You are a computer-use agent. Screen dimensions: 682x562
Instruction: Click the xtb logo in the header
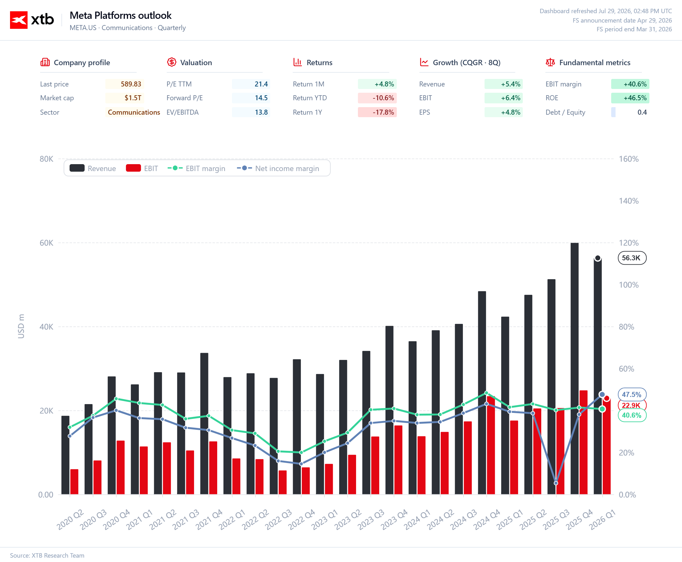32,20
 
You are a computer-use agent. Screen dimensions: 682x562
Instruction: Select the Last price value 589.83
131,84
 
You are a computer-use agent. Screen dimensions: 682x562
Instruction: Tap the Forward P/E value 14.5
261,98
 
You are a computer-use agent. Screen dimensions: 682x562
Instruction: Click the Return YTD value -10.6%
383,98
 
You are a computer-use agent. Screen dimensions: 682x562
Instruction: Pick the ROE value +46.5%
635,98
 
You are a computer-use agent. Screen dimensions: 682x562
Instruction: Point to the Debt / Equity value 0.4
642,112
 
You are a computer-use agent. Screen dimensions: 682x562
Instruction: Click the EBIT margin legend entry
196,168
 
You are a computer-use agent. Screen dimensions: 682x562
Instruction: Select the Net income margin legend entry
278,168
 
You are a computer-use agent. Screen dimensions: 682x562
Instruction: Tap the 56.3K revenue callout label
632,258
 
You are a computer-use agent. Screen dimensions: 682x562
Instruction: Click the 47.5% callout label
632,394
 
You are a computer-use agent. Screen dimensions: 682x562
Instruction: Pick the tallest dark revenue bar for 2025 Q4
574,368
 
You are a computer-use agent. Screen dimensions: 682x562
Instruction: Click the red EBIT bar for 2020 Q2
74,482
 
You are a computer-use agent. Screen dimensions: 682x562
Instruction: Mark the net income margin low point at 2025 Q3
556,483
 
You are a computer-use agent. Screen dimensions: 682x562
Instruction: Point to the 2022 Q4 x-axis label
302,520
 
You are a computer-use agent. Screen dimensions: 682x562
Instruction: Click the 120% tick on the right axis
629,243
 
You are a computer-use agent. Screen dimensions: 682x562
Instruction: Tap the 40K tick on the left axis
46,327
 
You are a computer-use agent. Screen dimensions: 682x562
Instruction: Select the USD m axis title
21,326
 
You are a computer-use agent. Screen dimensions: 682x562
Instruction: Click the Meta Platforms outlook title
120,15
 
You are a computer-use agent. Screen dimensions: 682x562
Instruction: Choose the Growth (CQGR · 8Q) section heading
466,62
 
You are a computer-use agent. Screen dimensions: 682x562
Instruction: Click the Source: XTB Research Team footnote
47,555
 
